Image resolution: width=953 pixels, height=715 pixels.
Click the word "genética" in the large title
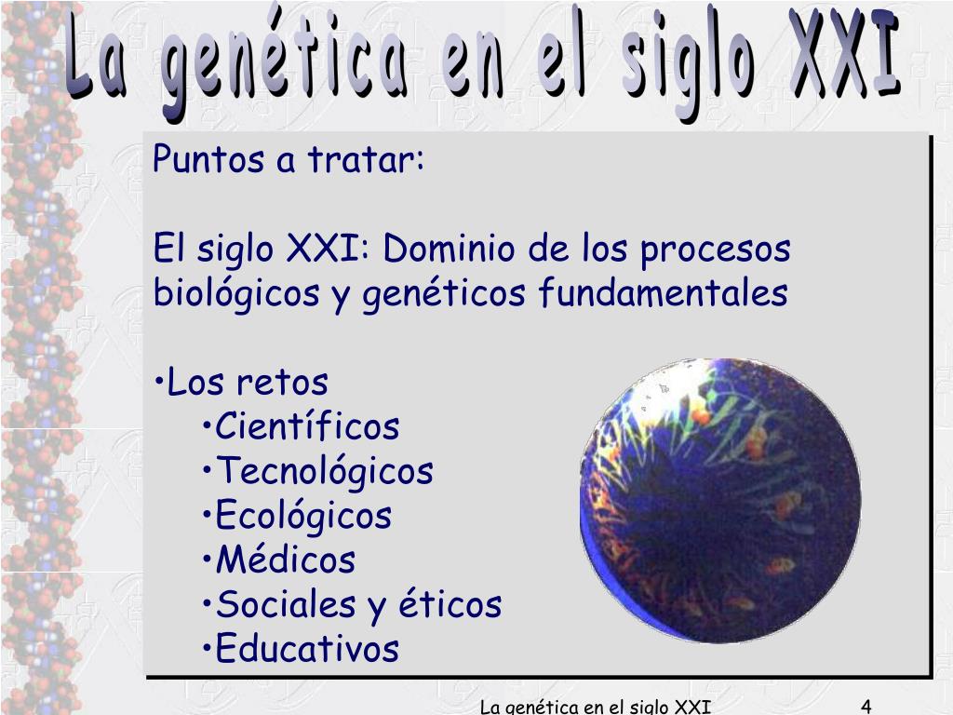click(x=287, y=65)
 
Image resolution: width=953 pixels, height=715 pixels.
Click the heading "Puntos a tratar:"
click(x=289, y=160)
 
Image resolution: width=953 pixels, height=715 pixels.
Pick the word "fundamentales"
click(x=662, y=293)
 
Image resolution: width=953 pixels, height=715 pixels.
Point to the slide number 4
click(x=866, y=706)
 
